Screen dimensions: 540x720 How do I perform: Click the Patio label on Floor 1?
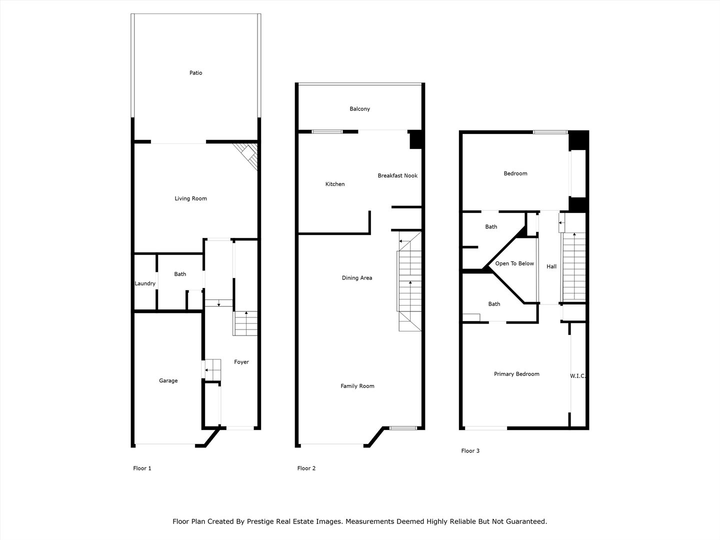[195, 73]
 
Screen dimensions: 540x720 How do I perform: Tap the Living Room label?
[190, 198]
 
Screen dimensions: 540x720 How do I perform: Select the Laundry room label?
[145, 283]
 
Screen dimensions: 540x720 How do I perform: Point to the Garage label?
[168, 380]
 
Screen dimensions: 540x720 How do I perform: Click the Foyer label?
[241, 362]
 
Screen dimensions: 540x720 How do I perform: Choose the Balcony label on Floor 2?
[359, 109]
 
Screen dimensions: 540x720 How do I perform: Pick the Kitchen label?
[335, 184]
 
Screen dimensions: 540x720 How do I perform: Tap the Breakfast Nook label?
[397, 175]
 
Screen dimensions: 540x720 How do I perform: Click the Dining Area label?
[357, 278]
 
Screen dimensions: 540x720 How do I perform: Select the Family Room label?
[357, 386]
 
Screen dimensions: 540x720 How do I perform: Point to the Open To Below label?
[514, 263]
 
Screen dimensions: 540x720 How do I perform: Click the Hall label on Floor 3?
[551, 266]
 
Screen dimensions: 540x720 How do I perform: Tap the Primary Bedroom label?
[516, 374]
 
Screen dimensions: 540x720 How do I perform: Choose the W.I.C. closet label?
[577, 375]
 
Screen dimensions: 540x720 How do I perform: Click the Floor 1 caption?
[142, 468]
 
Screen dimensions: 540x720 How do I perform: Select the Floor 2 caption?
[306, 468]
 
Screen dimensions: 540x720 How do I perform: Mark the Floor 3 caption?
[470, 451]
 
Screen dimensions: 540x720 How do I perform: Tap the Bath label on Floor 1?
[180, 274]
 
